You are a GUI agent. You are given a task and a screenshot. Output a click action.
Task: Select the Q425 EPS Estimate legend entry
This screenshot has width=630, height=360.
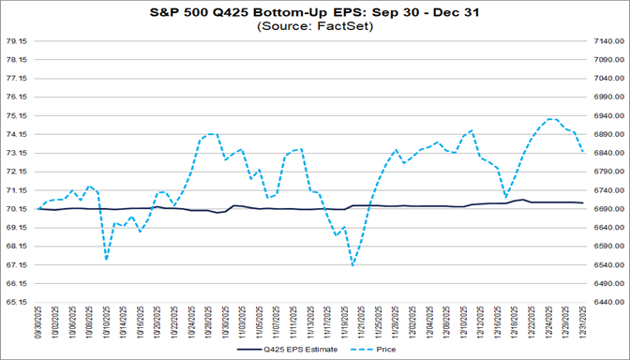(x=273, y=351)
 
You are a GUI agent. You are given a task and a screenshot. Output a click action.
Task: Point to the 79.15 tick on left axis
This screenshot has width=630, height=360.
(x=18, y=41)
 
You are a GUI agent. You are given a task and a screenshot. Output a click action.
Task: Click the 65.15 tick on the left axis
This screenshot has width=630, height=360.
(x=18, y=302)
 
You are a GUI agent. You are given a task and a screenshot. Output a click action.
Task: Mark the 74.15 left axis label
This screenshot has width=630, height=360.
(x=18, y=134)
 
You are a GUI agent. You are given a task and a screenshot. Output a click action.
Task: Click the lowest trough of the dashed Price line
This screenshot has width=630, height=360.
(x=352, y=265)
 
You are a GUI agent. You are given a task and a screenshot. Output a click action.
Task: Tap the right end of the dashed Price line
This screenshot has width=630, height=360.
(x=583, y=152)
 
